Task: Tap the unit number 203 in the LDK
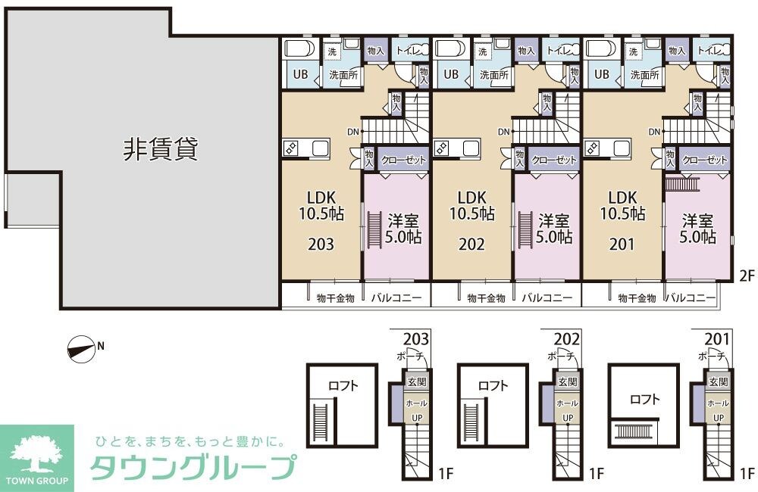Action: tap(321, 244)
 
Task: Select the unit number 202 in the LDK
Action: tap(471, 244)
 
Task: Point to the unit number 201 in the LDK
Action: tap(622, 244)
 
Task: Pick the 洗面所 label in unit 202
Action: tap(493, 75)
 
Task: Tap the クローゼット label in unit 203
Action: tap(402, 160)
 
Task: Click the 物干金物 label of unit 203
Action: tap(334, 298)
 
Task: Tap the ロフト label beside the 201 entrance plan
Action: tap(644, 399)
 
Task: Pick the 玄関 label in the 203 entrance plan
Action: tap(416, 382)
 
